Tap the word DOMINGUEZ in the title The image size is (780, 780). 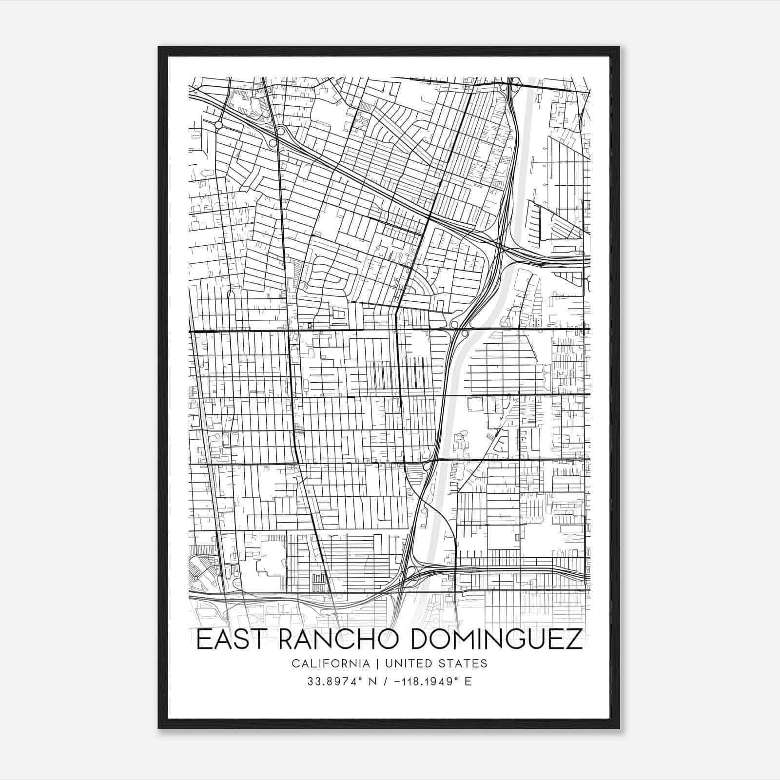click(x=497, y=640)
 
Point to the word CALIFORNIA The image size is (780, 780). click(x=324, y=663)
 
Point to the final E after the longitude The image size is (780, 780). click(x=468, y=682)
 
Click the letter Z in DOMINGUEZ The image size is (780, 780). click(x=573, y=640)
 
